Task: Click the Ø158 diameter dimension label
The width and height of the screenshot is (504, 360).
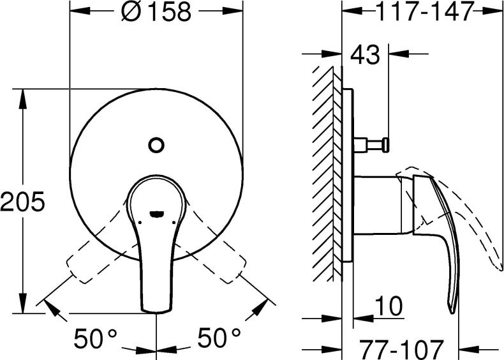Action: [x=156, y=11]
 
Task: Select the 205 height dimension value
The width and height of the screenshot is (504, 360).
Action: [x=22, y=202]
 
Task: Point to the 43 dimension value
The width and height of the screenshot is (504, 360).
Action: [x=365, y=56]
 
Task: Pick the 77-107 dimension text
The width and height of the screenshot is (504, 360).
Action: [x=400, y=349]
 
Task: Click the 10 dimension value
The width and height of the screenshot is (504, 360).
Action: [x=389, y=307]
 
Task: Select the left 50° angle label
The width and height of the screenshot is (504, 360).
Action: [x=96, y=338]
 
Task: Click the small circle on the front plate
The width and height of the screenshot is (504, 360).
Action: [x=156, y=145]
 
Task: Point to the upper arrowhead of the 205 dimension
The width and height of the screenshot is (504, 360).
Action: [x=23, y=96]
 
